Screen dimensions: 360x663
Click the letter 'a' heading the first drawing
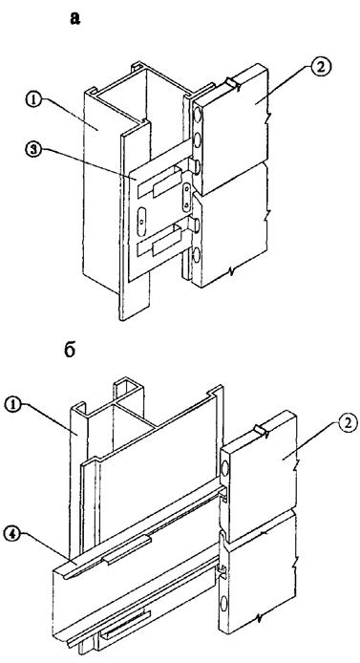click(x=75, y=18)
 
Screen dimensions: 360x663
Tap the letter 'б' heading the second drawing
click(x=70, y=350)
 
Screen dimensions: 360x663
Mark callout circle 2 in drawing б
click(x=349, y=422)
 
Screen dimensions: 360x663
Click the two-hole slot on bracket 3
click(x=186, y=196)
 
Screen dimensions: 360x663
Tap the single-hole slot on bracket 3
click(x=142, y=221)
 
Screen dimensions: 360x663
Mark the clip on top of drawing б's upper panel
click(x=260, y=431)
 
